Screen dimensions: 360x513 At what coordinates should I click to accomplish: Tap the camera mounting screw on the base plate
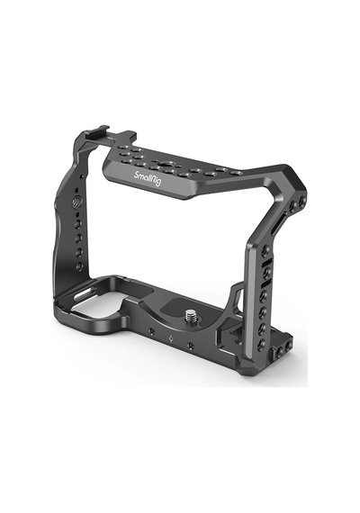[190, 316]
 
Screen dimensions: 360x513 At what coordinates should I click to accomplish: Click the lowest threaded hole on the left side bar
[79, 266]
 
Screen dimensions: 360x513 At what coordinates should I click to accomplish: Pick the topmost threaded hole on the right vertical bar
[265, 250]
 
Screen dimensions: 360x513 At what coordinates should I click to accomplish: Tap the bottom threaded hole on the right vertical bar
[261, 344]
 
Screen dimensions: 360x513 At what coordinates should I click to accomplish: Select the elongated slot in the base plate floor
[85, 293]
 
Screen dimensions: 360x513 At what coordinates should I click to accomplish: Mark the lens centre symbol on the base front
[170, 339]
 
